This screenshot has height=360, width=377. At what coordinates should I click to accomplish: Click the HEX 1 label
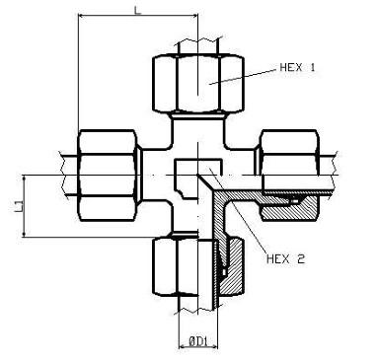pyautogui.click(x=297, y=67)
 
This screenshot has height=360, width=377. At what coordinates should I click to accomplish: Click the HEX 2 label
pyautogui.click(x=285, y=259)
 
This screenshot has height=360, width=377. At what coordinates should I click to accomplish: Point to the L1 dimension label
pyautogui.click(x=19, y=206)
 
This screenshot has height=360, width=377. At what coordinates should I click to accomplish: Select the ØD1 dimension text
pyautogui.click(x=197, y=342)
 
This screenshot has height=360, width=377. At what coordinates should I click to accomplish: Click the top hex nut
pyautogui.click(x=198, y=84)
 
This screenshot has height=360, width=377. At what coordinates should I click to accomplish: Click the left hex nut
pyautogui.click(x=108, y=176)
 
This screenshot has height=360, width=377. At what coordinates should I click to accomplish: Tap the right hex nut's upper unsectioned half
pyautogui.click(x=289, y=152)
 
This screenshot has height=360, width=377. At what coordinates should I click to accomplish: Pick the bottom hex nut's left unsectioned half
pyautogui.click(x=176, y=266)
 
